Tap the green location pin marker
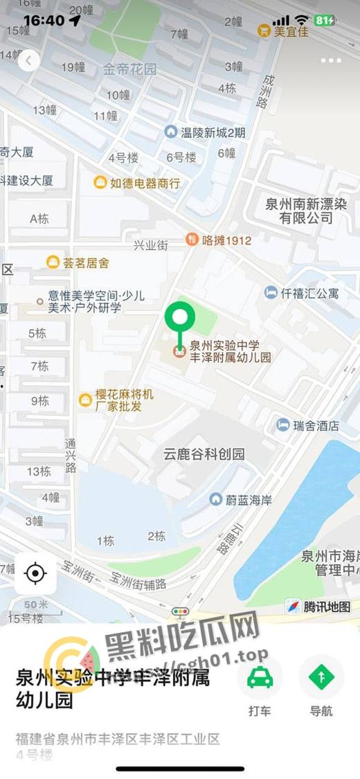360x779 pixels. [x=180, y=319]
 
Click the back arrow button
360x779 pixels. [x=28, y=61]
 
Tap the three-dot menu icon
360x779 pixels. [x=331, y=61]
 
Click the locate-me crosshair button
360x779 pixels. [x=35, y=573]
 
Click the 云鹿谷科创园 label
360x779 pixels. [x=204, y=454]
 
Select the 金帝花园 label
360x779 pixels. [x=130, y=69]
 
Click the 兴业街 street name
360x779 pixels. [x=151, y=245]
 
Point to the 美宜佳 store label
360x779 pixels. [x=283, y=31]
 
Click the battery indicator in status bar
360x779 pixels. [x=323, y=21]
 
